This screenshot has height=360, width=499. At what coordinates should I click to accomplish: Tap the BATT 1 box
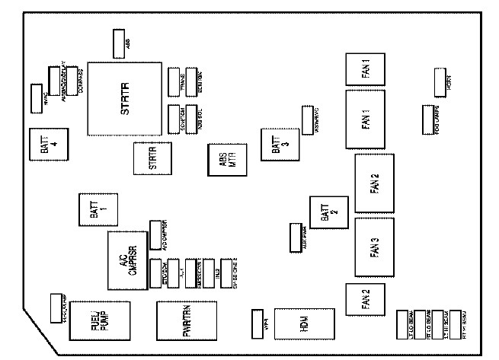(x=95, y=209)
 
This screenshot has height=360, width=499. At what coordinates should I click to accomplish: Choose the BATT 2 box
(x=325, y=214)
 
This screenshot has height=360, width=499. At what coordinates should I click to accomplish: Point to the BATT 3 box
(x=275, y=145)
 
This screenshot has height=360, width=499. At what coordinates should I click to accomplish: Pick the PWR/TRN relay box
(x=186, y=323)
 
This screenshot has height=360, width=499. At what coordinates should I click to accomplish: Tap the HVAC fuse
(x=36, y=95)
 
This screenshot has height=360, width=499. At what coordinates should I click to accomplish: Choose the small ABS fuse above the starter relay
(x=120, y=43)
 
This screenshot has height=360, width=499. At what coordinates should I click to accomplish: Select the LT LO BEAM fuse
(x=404, y=323)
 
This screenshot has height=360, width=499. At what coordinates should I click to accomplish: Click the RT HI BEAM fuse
(x=457, y=323)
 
